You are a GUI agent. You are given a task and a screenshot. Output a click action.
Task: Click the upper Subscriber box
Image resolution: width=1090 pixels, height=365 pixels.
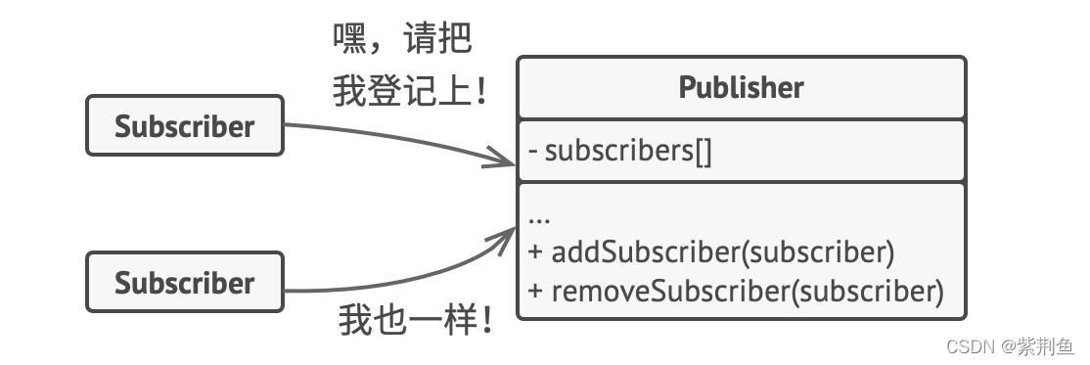click(x=184, y=126)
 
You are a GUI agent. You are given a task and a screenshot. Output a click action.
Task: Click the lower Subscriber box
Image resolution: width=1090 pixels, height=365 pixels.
click(x=184, y=283)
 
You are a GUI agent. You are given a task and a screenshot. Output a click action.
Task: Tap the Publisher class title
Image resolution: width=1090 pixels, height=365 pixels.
click(x=741, y=87)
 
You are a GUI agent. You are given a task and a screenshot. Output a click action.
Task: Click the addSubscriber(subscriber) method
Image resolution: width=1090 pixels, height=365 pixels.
click(x=712, y=252)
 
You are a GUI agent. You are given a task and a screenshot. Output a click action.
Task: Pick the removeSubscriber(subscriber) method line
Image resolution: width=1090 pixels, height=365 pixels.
click(x=736, y=291)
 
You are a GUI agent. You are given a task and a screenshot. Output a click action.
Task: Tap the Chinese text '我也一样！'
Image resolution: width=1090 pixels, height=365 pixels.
click(x=415, y=320)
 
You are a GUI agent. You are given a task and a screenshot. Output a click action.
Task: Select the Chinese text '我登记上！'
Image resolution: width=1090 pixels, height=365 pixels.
click(x=409, y=93)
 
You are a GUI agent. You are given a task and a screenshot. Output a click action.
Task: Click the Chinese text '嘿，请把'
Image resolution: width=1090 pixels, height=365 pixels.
click(x=402, y=40)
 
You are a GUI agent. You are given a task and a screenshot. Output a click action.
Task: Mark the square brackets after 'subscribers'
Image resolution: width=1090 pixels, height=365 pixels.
click(x=702, y=152)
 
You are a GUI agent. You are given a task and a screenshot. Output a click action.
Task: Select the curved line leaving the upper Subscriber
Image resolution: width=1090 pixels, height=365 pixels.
click(x=391, y=136)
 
